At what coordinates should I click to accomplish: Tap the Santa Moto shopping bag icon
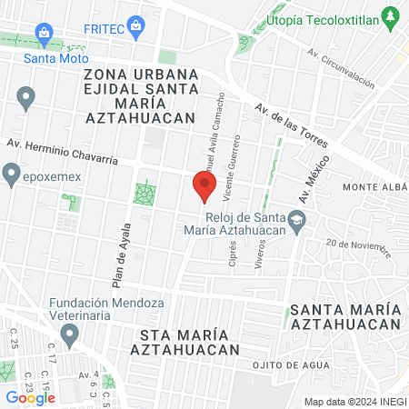[45, 35]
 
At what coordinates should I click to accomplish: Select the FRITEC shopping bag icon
[135, 25]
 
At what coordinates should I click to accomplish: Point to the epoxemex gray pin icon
[12, 171]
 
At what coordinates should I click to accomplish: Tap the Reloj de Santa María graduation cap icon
[297, 221]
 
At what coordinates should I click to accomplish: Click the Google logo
[31, 396]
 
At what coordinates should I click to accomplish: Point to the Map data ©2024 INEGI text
[354, 402]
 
